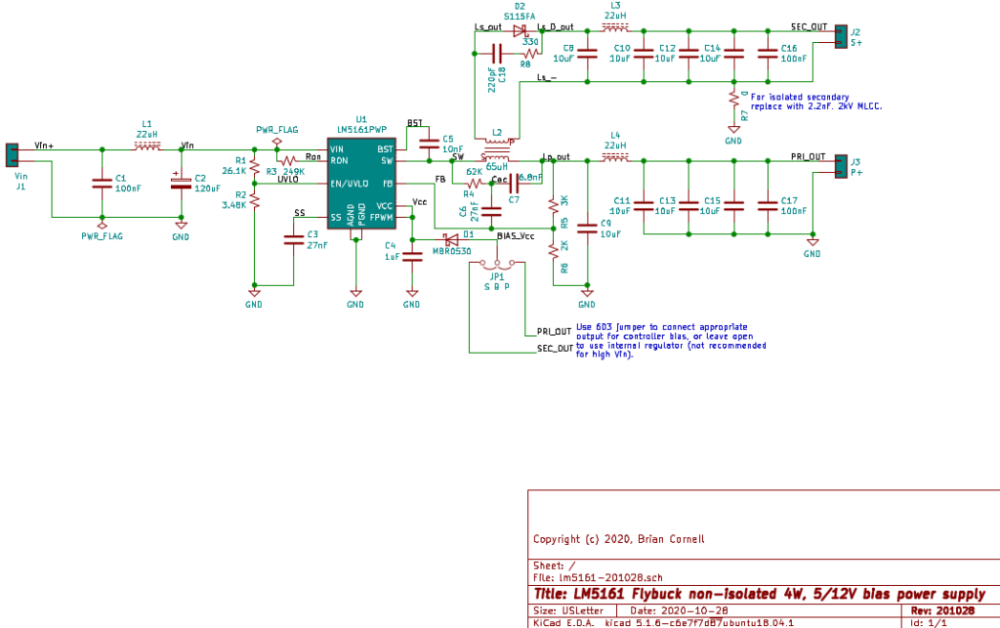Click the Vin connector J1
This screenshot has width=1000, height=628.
pyautogui.click(x=13, y=154)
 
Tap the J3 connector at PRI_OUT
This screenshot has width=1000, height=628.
pyautogui.click(x=841, y=166)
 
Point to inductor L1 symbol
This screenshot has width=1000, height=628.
pyautogui.click(x=146, y=147)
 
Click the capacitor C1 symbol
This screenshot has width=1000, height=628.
pyautogui.click(x=101, y=182)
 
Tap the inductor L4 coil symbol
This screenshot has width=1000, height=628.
pyautogui.click(x=615, y=158)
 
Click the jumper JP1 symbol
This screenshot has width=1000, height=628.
pyautogui.click(x=503, y=263)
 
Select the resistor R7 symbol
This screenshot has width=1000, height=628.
pyautogui.click(x=733, y=98)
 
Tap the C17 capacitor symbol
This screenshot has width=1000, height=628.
pyautogui.click(x=769, y=204)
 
